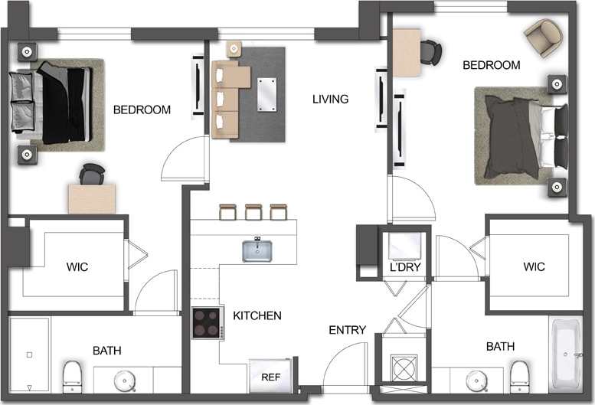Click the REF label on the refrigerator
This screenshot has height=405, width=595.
(x=270, y=377)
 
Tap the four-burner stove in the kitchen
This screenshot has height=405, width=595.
(x=206, y=322)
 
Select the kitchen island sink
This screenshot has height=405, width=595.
(x=259, y=250)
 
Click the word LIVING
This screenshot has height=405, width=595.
(x=330, y=99)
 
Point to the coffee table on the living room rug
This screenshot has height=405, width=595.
(x=267, y=93)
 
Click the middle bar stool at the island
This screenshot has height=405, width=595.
(x=253, y=211)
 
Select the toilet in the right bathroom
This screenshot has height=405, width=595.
(x=520, y=375)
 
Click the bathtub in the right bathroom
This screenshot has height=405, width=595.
(x=568, y=355)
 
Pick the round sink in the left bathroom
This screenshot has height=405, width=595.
(x=124, y=380)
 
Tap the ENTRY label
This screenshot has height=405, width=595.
(x=347, y=330)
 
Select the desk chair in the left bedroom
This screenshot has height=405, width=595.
(x=92, y=174)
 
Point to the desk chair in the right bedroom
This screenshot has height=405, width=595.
(x=430, y=51)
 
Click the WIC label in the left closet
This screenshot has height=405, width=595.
(x=77, y=267)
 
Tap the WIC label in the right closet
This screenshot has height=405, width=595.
(x=534, y=267)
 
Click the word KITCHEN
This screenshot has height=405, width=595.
(x=257, y=315)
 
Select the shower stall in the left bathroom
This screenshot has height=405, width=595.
(x=29, y=355)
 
